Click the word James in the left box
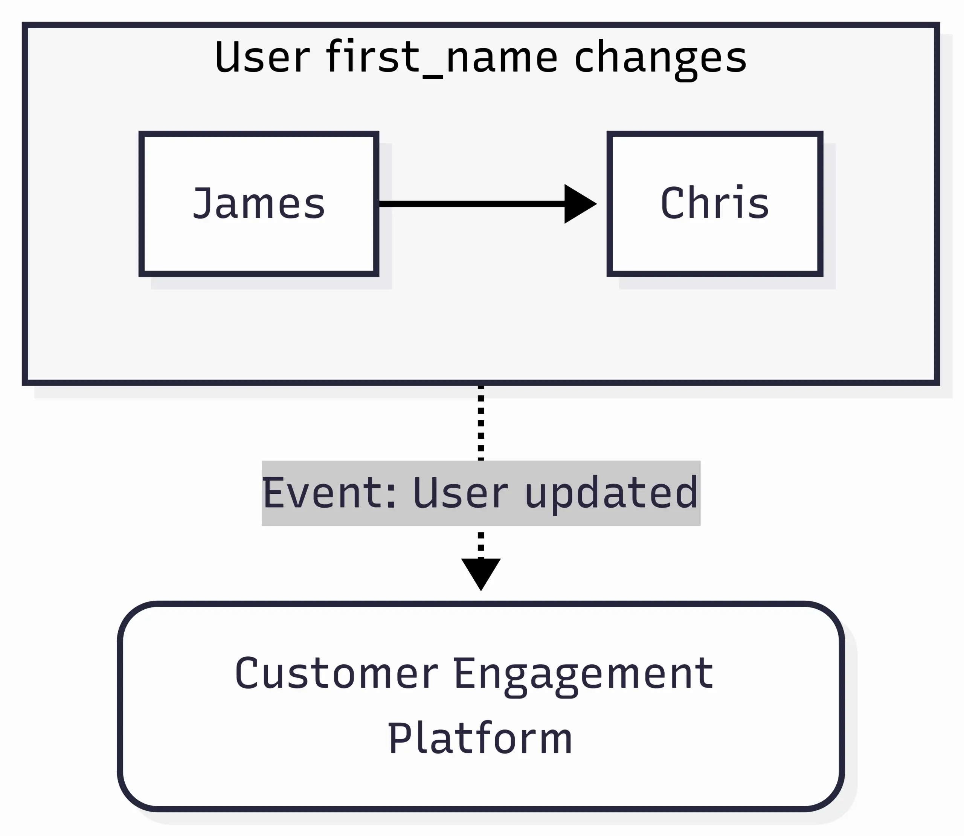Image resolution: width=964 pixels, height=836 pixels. click(x=259, y=204)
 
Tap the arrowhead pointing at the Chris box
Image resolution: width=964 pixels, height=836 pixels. click(x=578, y=204)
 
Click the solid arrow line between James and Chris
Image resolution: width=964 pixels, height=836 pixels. click(x=471, y=204)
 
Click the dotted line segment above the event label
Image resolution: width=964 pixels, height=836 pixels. click(x=481, y=423)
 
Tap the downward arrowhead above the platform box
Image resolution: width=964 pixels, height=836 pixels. click(x=481, y=572)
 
